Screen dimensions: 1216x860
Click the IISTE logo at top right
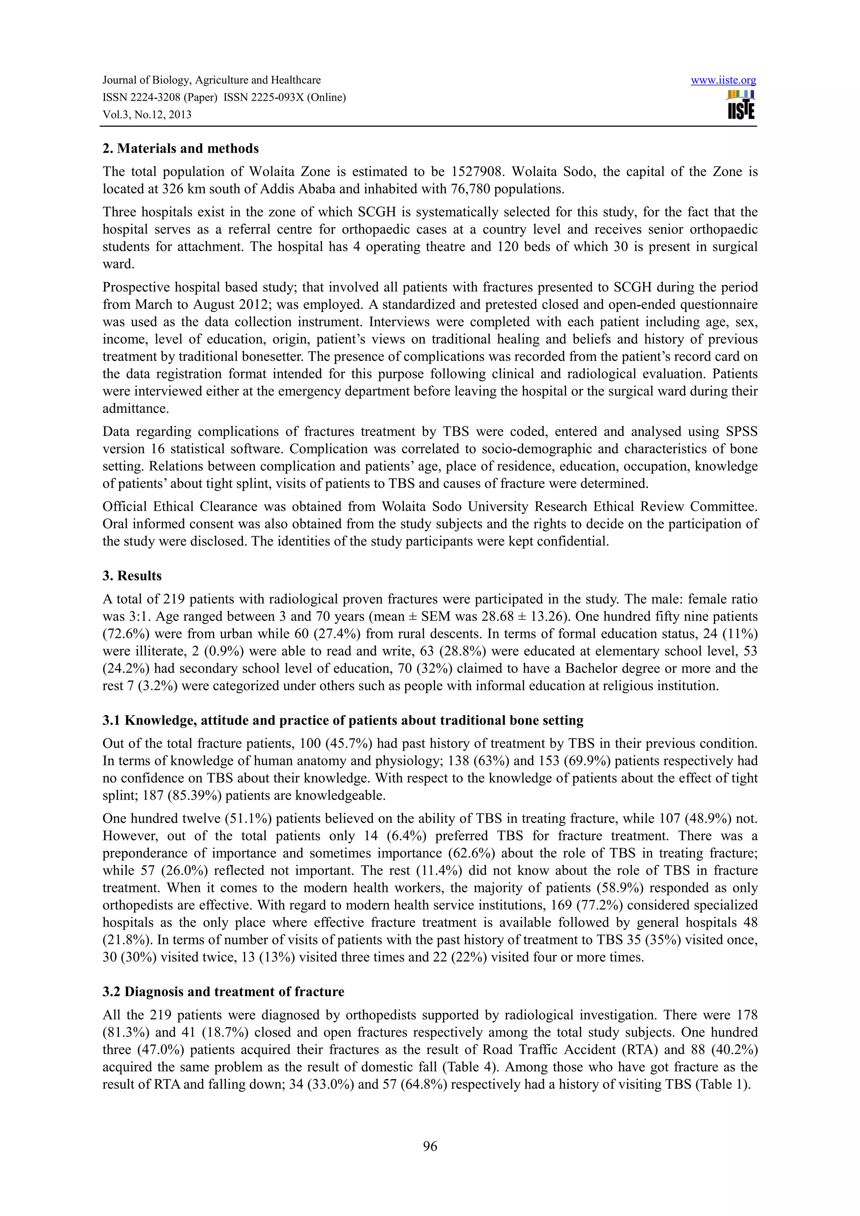point(741,105)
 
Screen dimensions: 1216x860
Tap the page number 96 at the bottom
point(430,1147)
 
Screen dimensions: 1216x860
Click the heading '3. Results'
point(132,576)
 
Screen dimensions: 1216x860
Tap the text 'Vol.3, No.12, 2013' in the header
point(147,115)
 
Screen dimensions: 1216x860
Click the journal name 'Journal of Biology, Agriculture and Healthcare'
point(211,81)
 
